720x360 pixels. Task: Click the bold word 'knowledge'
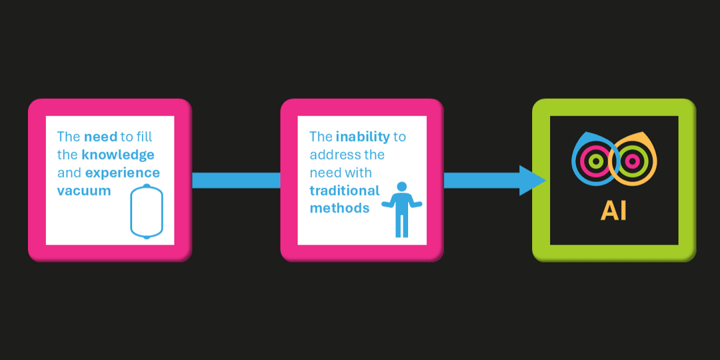tap(118, 155)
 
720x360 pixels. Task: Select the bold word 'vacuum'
tap(84, 191)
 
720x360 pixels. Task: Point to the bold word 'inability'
tap(363, 137)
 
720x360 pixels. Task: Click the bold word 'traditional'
tap(344, 191)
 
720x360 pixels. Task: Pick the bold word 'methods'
tap(339, 208)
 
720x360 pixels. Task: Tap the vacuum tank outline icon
tap(147, 212)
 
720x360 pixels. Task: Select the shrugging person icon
tap(401, 209)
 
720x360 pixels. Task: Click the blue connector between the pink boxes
tap(236, 180)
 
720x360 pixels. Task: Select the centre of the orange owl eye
tap(634, 161)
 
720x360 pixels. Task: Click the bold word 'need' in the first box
tap(100, 137)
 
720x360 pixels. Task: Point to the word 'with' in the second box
tap(359, 173)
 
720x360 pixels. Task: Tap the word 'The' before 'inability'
tap(321, 137)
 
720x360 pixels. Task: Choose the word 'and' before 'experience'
tap(69, 173)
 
